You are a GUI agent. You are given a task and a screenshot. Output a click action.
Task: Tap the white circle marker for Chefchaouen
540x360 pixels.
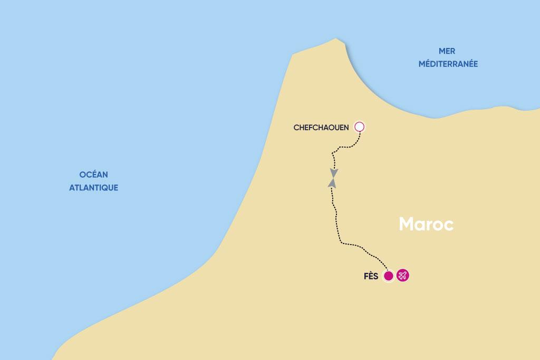coord(360,127)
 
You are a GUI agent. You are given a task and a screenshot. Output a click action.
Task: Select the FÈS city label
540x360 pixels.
coord(371,276)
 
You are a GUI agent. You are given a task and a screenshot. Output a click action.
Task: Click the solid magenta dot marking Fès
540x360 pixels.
coord(389,276)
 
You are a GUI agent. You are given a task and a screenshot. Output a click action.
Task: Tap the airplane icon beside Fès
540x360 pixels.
coord(403,276)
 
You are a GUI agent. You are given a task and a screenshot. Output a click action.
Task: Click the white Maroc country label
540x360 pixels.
coord(426,224)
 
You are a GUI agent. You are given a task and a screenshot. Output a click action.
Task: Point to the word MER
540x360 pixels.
coord(447,51)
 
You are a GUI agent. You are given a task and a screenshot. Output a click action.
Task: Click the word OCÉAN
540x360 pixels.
coord(93,174)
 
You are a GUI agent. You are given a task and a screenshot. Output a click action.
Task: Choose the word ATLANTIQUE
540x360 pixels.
coord(93,187)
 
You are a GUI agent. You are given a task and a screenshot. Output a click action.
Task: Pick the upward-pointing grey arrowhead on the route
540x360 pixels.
coord(332,182)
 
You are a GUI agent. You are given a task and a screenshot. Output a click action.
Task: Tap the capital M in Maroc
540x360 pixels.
coord(407,224)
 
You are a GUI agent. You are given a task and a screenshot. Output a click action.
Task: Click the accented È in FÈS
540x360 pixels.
coord(371,276)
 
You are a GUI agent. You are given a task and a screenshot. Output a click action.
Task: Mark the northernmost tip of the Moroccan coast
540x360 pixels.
coord(336,38)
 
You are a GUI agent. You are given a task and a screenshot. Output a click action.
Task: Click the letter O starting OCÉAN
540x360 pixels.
coord(82,174)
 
